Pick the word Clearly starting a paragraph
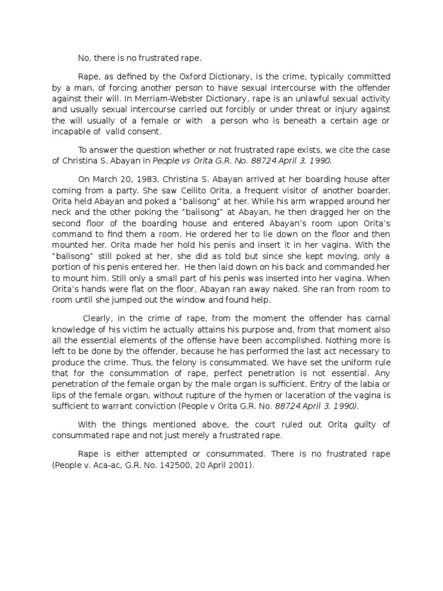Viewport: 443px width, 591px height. (102, 317)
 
